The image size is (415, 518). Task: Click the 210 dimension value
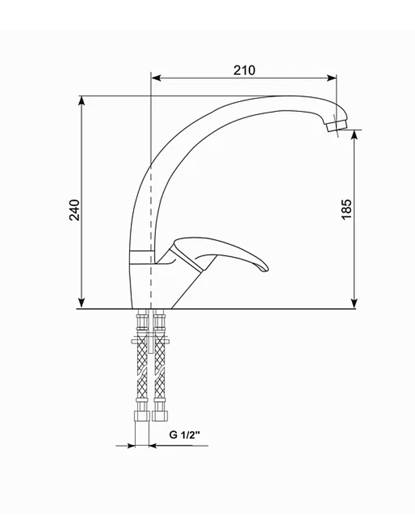(x=244, y=70)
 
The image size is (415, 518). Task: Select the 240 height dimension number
(x=75, y=209)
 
